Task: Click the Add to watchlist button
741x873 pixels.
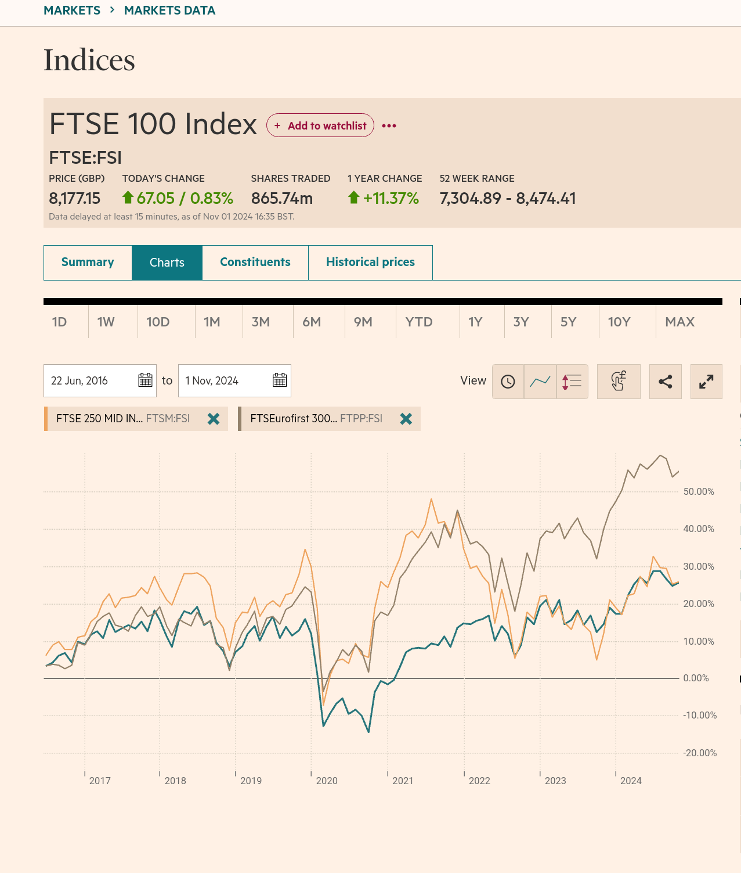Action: (x=320, y=125)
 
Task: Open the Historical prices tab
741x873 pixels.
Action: (x=370, y=263)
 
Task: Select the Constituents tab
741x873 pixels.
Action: (x=255, y=263)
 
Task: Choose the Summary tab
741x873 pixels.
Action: (x=88, y=263)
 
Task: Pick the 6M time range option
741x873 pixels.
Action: (x=312, y=322)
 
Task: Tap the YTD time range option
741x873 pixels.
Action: (x=419, y=322)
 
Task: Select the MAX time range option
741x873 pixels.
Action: (x=679, y=322)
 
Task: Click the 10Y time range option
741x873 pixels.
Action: (x=619, y=322)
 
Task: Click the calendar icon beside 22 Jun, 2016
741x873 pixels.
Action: (x=145, y=380)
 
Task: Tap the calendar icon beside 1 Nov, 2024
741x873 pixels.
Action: (x=280, y=380)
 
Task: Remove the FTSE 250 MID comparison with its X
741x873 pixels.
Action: (x=214, y=419)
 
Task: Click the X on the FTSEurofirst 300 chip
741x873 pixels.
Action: (x=406, y=419)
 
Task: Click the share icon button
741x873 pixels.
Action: (x=665, y=382)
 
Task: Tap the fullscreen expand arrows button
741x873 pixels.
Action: (x=706, y=382)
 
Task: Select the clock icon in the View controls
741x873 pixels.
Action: (x=508, y=382)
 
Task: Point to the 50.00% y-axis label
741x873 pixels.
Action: (x=699, y=491)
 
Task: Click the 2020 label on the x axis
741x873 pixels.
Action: (x=327, y=781)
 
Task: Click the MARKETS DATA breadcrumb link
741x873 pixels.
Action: (x=169, y=10)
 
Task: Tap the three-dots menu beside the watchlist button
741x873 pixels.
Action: (x=389, y=125)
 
